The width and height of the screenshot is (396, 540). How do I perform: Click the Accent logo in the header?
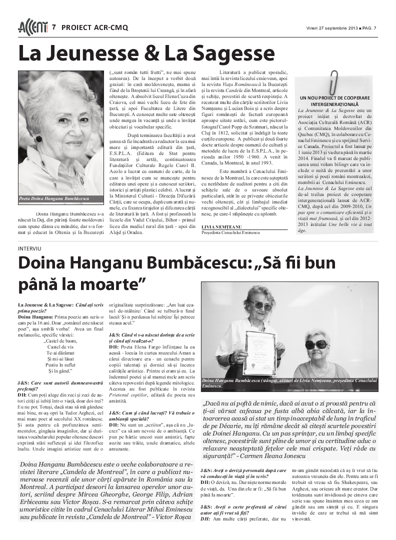point(33,27)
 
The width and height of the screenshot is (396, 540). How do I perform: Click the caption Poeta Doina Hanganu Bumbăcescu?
point(54,198)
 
